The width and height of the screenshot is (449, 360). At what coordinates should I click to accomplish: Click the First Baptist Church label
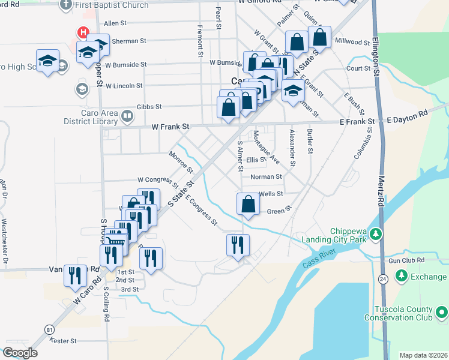tap(112, 5)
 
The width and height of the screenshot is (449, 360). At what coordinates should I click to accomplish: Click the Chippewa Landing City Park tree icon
tap(376, 233)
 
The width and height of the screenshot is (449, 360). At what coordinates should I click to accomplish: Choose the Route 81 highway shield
tap(49, 329)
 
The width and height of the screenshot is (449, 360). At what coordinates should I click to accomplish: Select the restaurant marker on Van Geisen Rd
tap(75, 275)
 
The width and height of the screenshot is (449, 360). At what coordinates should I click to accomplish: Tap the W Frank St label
tap(170, 127)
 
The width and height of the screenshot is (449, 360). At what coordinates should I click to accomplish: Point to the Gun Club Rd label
tap(406, 260)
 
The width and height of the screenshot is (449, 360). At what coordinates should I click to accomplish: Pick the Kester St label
tap(64, 341)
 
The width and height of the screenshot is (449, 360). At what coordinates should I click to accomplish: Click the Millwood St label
tap(352, 42)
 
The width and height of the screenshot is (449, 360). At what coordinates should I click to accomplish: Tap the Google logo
tap(20, 353)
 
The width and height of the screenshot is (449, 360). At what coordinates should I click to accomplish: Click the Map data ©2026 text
tap(423, 355)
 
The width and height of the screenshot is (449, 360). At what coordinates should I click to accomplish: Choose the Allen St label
tap(115, 23)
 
